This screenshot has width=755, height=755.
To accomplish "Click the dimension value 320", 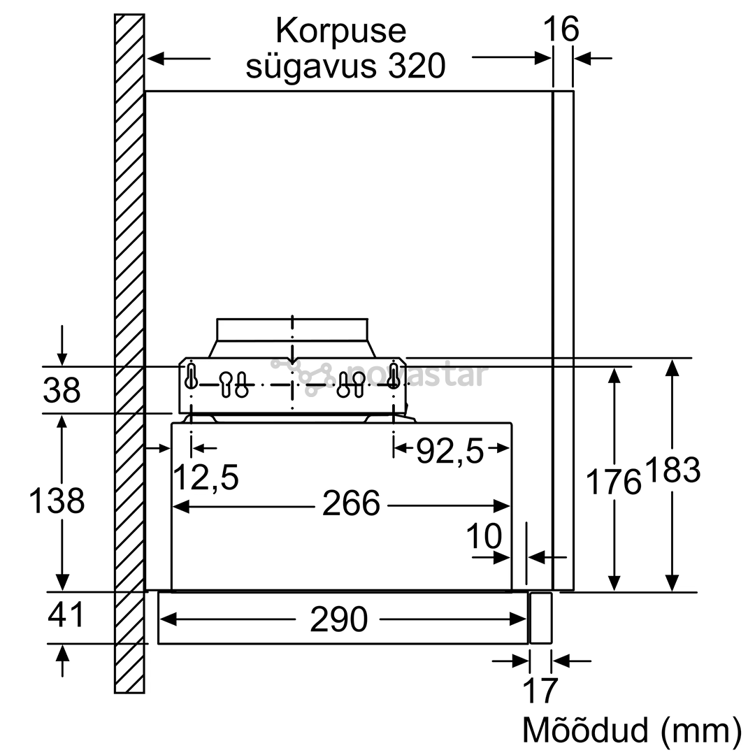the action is pyautogui.click(x=417, y=66).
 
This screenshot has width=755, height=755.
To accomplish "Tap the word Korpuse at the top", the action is pyautogui.click(x=341, y=31).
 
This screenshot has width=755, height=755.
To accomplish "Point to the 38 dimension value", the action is pyautogui.click(x=62, y=389).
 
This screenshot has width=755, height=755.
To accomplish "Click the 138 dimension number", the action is pyautogui.click(x=57, y=500).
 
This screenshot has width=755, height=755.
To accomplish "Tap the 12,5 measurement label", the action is pyautogui.click(x=206, y=478).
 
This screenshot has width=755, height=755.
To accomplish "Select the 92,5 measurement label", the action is pyautogui.click(x=450, y=452).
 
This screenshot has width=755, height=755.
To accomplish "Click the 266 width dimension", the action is pyautogui.click(x=351, y=503).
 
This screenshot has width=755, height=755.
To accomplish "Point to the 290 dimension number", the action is pyautogui.click(x=339, y=619).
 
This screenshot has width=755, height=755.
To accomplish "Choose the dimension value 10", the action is pyautogui.click(x=484, y=536).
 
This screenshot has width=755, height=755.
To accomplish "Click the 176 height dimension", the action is pyautogui.click(x=614, y=482).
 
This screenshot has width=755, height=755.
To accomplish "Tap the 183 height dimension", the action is pyautogui.click(x=673, y=470).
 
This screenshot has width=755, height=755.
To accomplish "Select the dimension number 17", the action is pyautogui.click(x=540, y=691).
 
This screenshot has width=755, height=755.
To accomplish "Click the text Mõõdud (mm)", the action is pyautogui.click(x=632, y=730).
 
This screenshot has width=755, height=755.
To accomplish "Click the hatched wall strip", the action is pyautogui.click(x=129, y=354).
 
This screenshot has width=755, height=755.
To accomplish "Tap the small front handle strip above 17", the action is pyautogui.click(x=540, y=618).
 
